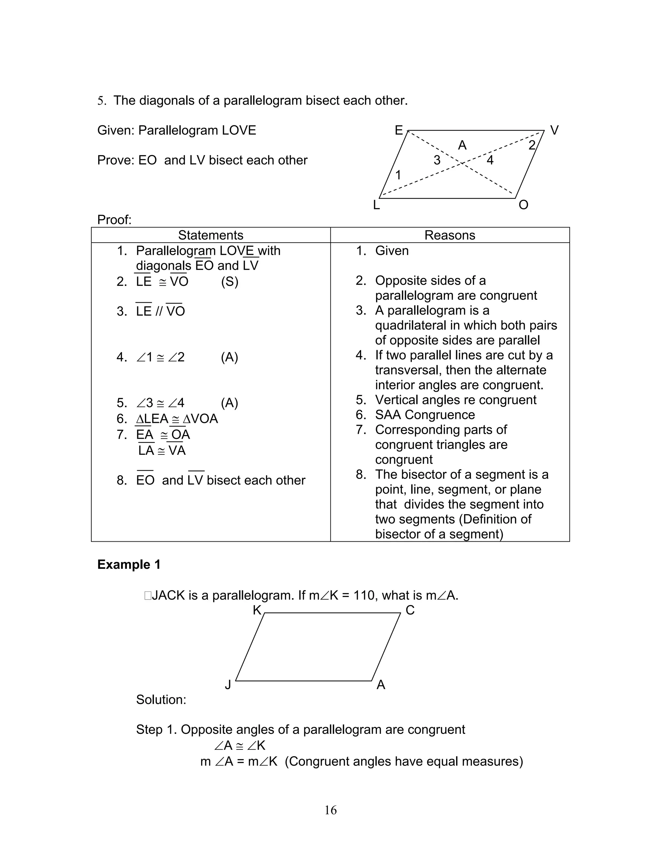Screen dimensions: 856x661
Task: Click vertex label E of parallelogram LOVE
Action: (399, 130)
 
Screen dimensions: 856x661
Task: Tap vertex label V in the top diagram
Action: (554, 130)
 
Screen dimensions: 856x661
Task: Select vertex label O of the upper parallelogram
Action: (523, 205)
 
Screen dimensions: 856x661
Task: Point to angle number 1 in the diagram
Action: (398, 175)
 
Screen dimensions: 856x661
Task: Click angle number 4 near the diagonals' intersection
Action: (490, 160)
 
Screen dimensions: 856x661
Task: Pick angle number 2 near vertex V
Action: (531, 145)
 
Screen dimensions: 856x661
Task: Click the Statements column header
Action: (210, 235)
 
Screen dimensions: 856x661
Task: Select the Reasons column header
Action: (450, 235)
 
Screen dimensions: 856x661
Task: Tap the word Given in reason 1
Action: (392, 251)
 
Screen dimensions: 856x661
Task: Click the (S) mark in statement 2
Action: (229, 282)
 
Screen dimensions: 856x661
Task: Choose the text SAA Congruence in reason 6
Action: (424, 415)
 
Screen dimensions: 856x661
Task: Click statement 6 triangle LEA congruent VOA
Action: (177, 419)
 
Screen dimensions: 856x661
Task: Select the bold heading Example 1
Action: (129, 564)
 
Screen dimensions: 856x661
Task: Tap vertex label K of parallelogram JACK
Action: (257, 610)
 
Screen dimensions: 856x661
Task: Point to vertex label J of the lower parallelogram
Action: (228, 685)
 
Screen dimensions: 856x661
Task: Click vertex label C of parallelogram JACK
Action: (410, 610)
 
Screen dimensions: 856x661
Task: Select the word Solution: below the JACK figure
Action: (161, 700)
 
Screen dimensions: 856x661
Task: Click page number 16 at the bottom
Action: (330, 810)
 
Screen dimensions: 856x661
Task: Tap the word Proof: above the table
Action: (114, 220)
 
